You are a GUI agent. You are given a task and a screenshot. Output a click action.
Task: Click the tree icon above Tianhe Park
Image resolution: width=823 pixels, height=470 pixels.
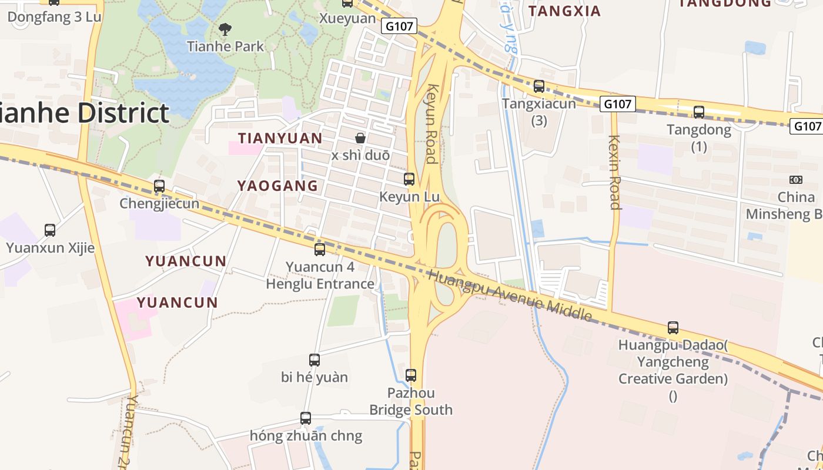225,28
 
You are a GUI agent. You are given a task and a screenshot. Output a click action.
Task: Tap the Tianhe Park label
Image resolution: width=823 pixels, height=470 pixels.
225,46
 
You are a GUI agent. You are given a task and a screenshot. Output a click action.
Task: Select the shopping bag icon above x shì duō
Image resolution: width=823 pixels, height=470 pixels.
360,138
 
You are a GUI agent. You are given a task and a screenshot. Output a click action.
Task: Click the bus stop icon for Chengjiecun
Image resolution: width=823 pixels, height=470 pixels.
159,186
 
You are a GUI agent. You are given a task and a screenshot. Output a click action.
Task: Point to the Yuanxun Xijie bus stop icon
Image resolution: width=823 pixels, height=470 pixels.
50,230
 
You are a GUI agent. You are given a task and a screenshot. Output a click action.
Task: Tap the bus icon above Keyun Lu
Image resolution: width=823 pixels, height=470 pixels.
409,179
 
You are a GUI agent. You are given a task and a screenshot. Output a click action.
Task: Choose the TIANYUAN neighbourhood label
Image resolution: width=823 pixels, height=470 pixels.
280,138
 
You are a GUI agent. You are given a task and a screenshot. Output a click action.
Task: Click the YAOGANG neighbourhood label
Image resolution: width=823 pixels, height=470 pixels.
277,186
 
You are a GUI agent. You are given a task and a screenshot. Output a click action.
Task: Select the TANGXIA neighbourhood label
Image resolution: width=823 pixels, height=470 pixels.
564,11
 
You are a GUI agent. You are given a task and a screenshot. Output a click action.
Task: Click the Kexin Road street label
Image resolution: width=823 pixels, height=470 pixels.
615,172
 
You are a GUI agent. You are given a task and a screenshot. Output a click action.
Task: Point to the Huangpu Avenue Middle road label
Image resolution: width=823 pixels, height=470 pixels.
510,295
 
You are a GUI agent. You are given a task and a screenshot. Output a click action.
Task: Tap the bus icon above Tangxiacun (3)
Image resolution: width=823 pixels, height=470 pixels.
539,86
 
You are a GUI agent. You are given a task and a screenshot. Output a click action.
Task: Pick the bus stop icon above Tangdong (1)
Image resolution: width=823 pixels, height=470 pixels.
699,112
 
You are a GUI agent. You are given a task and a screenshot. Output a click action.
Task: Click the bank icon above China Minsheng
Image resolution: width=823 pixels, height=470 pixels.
796,180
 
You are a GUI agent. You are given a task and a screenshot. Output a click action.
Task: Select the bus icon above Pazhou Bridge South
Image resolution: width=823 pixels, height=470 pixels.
411,375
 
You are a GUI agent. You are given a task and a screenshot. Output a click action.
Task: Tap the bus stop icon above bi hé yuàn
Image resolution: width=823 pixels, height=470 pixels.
315,360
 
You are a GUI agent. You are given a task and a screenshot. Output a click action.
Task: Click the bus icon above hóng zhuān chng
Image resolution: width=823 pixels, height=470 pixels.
306,418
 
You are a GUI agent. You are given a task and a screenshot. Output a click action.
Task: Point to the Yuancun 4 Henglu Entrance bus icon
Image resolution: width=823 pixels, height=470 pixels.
320,249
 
